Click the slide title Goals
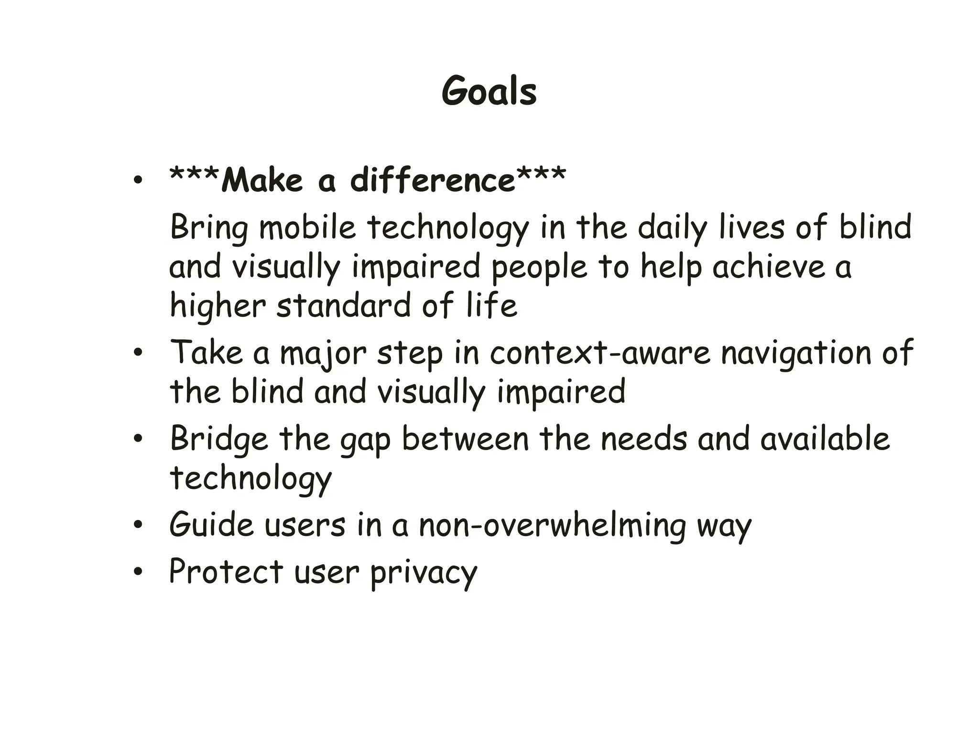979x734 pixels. click(489, 91)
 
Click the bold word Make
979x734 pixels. click(262, 181)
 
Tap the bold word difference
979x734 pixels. click(432, 181)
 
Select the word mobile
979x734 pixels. click(307, 227)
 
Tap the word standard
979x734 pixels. click(343, 306)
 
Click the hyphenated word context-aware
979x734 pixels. click(600, 353)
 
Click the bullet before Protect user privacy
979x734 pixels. click(138, 572)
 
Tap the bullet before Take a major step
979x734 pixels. click(138, 353)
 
